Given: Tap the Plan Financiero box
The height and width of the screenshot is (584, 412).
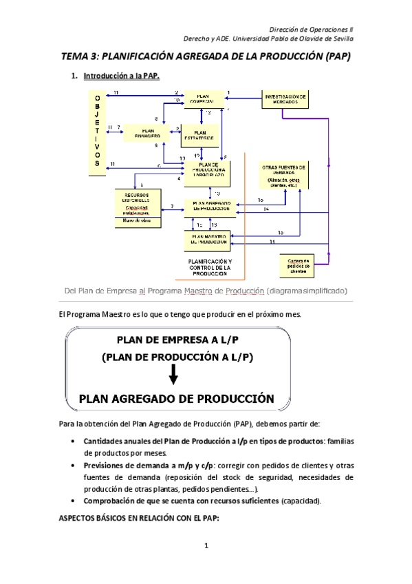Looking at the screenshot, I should pos(147,132).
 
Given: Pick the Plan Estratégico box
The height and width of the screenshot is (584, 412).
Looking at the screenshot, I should pos(200,135).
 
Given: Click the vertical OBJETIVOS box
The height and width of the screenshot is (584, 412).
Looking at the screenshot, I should pos(97,132).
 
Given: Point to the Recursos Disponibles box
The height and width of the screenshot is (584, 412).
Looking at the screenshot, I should pos(138,207).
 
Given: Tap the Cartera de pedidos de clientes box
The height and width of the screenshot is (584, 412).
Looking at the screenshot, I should pos(298,264).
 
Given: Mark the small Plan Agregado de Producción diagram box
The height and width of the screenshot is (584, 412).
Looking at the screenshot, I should pos(210,205).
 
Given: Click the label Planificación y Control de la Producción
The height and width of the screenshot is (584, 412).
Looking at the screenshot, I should pos(210,267).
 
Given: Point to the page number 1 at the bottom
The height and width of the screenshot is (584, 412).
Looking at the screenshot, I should pos(206,547).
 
